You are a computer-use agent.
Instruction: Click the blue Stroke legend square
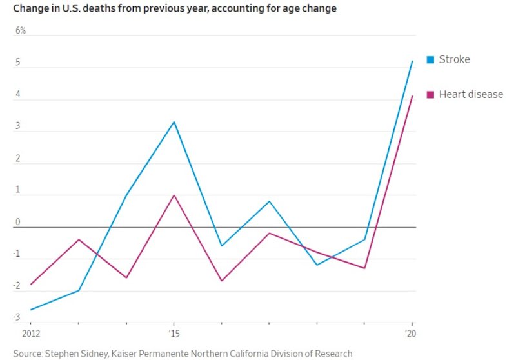430,60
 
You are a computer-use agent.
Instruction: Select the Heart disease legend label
470,94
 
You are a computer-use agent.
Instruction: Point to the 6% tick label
21,30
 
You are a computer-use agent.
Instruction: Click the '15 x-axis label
174,334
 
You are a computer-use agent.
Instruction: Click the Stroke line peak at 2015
174,122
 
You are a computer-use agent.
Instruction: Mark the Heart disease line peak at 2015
174,195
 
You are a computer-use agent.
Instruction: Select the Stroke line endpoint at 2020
412,61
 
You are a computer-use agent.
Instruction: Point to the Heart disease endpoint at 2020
412,96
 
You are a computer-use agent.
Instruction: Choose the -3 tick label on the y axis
17,317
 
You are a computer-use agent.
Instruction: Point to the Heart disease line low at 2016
221,281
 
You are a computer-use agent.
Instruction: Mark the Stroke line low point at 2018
317,265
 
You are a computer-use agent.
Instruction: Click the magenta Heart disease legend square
430,95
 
